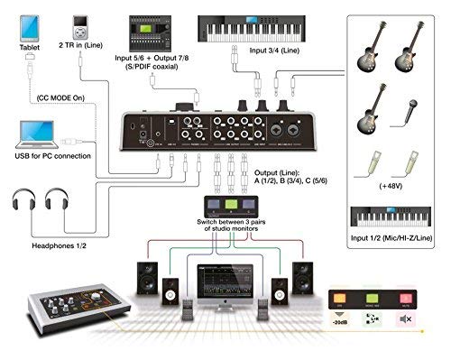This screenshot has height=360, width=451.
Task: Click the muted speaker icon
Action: (402, 322)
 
